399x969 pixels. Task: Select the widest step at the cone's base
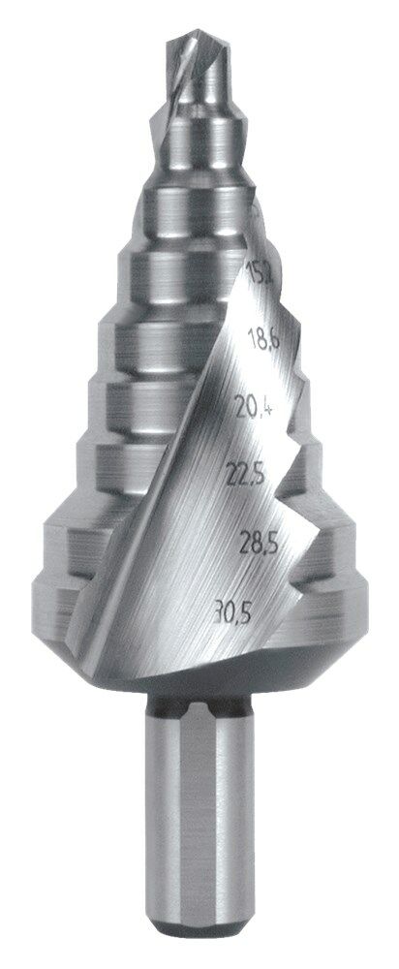click(x=97, y=591)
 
